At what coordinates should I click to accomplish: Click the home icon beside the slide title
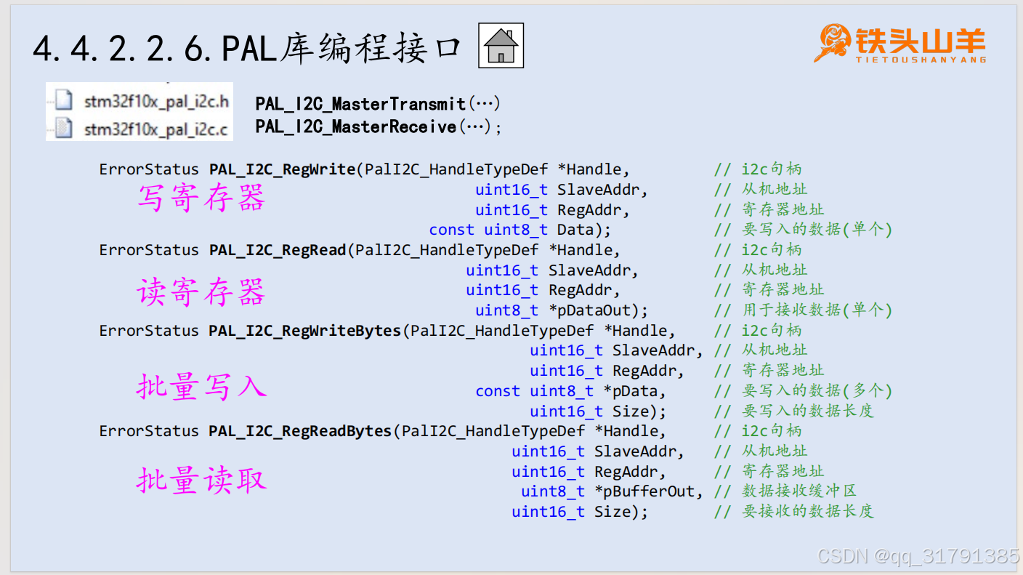(x=501, y=47)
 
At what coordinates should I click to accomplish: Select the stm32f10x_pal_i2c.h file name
(x=156, y=102)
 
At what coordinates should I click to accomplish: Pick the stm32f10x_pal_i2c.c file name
(x=156, y=129)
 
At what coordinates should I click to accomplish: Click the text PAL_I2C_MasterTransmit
(x=360, y=104)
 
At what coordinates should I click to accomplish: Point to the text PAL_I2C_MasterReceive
(x=356, y=127)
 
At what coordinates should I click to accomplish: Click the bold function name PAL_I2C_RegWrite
(x=283, y=169)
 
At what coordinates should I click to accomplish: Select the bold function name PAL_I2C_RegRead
(x=278, y=250)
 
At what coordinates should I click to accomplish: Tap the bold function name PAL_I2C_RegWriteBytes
(x=305, y=331)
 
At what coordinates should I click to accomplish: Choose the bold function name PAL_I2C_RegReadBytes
(x=300, y=431)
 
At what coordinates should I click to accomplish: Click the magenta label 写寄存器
(x=201, y=198)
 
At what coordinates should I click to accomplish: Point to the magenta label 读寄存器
(x=201, y=292)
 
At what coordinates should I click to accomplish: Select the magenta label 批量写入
(x=201, y=386)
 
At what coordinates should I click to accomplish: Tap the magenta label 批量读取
(x=201, y=480)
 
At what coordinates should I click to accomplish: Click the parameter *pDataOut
(x=598, y=310)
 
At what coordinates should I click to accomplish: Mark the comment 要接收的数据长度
(x=807, y=512)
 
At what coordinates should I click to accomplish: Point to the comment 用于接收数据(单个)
(x=817, y=310)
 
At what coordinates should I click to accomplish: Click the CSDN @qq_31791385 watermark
(x=918, y=557)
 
